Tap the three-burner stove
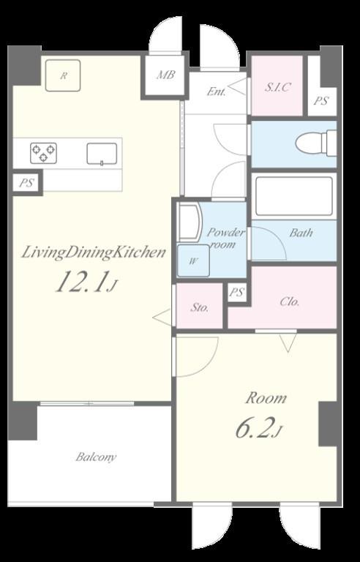coord(43,154)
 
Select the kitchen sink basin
coord(102,154)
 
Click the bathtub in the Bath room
coord(294,196)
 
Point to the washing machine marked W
coord(194,261)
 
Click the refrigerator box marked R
coord(63,75)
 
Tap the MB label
coord(165,75)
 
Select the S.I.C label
coord(277,87)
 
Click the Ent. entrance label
coord(217,92)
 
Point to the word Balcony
coord(96,457)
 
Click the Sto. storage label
coord(199,307)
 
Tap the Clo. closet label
coord(289,301)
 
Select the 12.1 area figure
coord(82,282)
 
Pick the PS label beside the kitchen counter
coord(26,184)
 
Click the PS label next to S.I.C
coord(321,101)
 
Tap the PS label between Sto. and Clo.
coord(236,293)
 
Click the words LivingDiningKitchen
coord(93,252)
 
